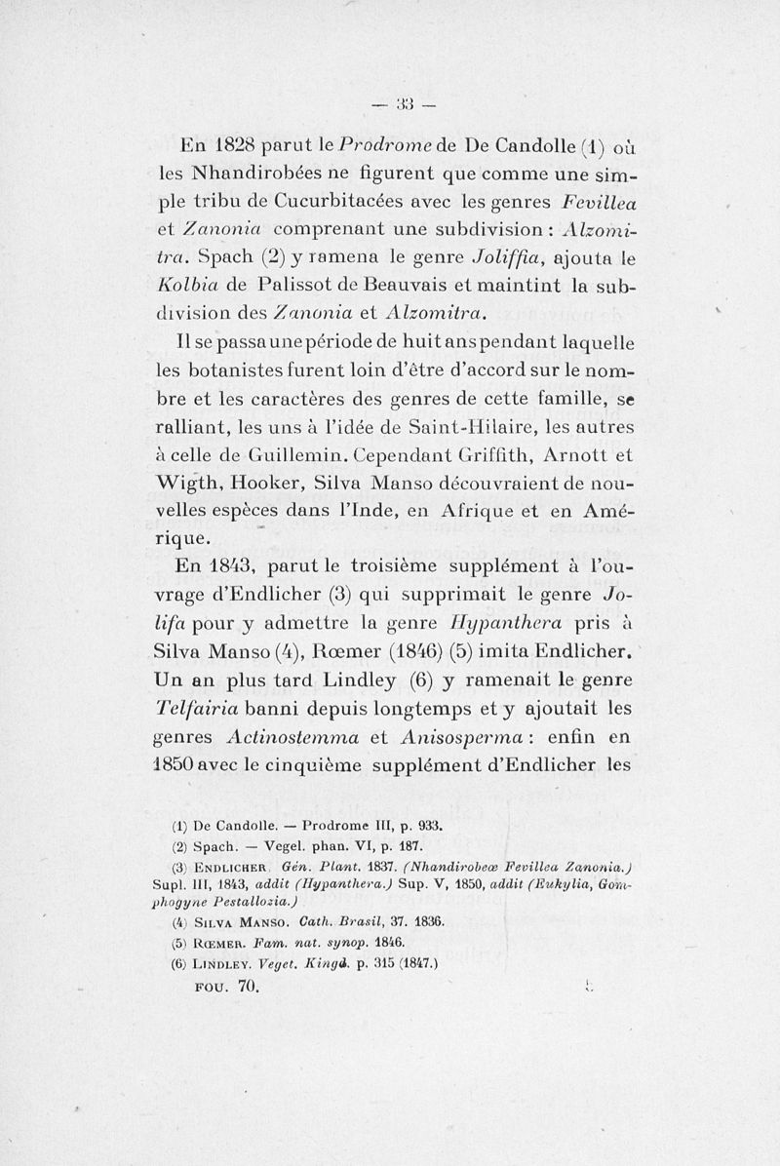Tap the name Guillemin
tap(299, 454)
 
